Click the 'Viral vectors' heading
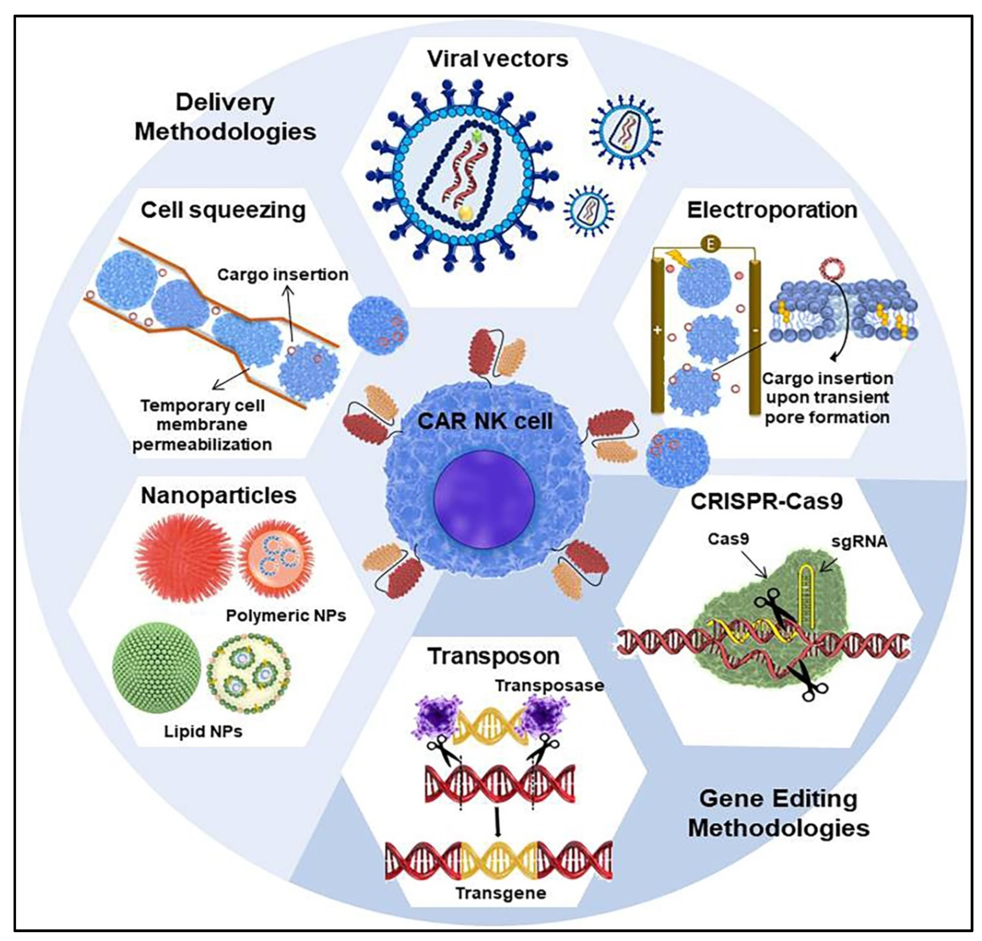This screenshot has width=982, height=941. click(x=498, y=59)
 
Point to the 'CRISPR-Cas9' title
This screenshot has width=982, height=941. click(x=767, y=501)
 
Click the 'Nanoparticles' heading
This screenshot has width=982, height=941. click(x=218, y=496)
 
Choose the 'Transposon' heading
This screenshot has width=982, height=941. click(x=494, y=656)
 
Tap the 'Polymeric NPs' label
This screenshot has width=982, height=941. click(x=286, y=615)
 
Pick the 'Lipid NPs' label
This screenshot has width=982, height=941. click(x=203, y=732)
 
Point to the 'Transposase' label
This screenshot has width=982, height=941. click(x=549, y=685)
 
